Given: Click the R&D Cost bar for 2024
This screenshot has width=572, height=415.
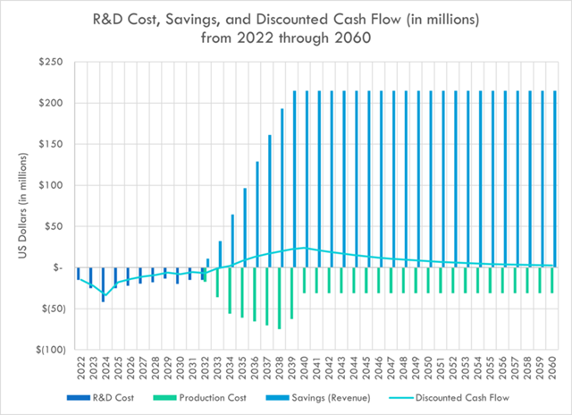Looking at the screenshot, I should tap(103, 284).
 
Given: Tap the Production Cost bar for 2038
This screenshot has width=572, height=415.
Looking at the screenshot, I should tap(280, 298).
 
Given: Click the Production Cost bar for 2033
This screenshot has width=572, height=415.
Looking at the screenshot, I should tap(217, 282).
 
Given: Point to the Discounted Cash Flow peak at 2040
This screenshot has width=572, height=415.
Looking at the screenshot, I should tap(305, 248).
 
